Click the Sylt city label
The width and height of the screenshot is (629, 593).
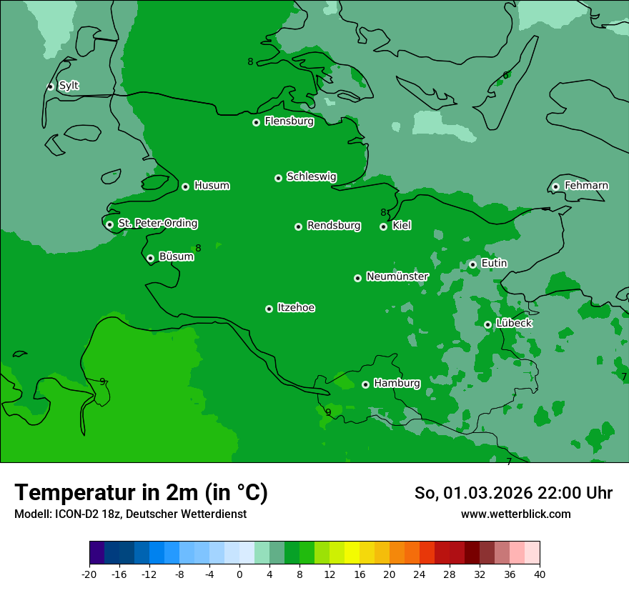[x=69, y=86]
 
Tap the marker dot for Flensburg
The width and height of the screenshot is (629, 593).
[x=256, y=122]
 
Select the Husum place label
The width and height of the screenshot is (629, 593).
[x=212, y=186]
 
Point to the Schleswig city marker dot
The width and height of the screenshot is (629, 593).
[x=278, y=178]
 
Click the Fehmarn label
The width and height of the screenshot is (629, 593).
[x=586, y=186]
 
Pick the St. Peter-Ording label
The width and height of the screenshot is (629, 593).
[x=157, y=224]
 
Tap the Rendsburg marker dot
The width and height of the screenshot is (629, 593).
[x=298, y=226]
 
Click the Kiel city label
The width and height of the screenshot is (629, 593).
[x=402, y=226]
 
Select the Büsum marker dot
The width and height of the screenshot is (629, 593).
[x=150, y=258]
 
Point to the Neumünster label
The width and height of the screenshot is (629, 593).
[x=397, y=276]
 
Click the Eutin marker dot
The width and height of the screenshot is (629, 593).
[x=472, y=264]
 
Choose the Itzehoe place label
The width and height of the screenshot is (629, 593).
[x=296, y=308]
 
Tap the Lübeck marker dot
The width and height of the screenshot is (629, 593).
[x=487, y=324]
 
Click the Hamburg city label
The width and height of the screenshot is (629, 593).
[x=397, y=384]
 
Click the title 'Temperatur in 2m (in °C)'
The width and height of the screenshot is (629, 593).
[x=141, y=492]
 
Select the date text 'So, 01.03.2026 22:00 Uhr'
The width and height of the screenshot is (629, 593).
[x=513, y=493]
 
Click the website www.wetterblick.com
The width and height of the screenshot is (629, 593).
[x=515, y=514]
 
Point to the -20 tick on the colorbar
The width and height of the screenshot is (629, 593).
[x=89, y=574]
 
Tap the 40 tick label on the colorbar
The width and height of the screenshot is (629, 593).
[x=540, y=574]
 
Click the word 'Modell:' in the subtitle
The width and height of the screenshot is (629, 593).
[x=31, y=514]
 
